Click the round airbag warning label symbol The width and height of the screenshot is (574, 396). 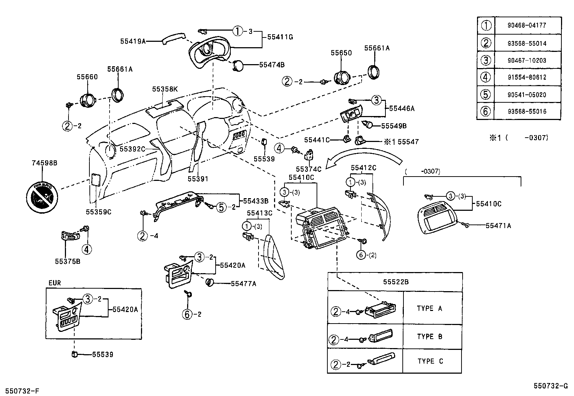coord(42,197)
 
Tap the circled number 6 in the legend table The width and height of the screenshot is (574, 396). coord(486,111)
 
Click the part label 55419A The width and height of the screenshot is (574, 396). coord(133,41)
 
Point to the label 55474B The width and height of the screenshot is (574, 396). coord(272,65)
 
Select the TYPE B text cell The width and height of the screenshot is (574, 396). coord(429,337)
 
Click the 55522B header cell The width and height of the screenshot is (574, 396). coord(395,282)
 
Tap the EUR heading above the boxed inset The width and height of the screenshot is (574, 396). coord(54,283)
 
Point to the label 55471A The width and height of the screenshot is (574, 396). coord(498,226)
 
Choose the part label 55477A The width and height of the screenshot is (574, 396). coord(243,284)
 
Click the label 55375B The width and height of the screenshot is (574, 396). coord(68,261)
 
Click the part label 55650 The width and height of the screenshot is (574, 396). coord(341,53)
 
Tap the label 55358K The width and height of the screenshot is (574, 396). coord(165,89)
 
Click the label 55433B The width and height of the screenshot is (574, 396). coord(256,201)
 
